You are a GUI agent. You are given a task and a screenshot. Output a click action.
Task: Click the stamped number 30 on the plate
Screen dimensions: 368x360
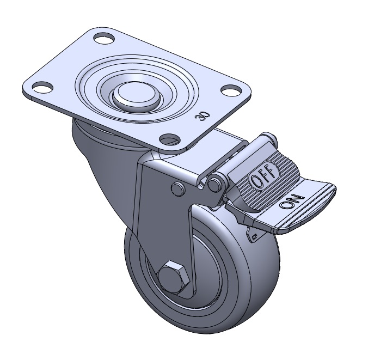pos(202,116)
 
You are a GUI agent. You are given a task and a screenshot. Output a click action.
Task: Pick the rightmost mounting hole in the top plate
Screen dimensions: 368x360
pos(231,89)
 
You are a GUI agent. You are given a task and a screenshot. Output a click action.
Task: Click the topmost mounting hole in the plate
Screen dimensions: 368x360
pos(104,38)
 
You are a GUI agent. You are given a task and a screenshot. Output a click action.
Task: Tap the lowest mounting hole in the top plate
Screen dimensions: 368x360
pos(170,139)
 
